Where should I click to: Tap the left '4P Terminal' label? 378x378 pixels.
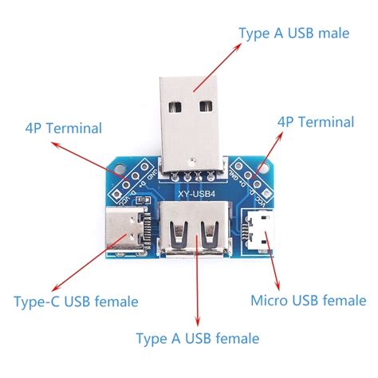coord(64,127)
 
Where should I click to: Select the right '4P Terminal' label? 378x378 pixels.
coord(315,122)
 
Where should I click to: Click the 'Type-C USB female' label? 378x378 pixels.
coord(76,302)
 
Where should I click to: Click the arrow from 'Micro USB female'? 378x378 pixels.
coord(273,264)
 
